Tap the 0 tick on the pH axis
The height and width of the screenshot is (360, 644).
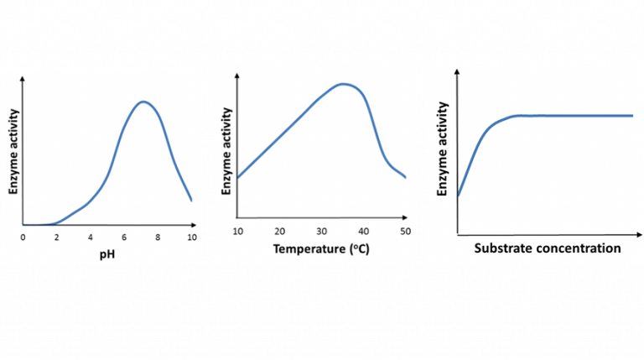pyautogui.click(x=23, y=237)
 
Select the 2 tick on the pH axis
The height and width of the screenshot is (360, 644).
pyautogui.click(x=57, y=237)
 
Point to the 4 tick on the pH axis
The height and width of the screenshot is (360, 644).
pyautogui.click(x=91, y=237)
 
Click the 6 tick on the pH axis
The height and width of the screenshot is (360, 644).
pyautogui.click(x=124, y=237)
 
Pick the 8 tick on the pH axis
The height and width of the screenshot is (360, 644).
pyautogui.click(x=158, y=237)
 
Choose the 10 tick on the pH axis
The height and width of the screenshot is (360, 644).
pyautogui.click(x=191, y=237)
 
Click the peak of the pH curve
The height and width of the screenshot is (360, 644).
pyautogui.click(x=143, y=102)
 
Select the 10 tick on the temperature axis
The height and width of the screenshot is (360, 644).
pyautogui.click(x=237, y=231)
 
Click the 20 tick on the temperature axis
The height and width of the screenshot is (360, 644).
pyautogui.click(x=279, y=231)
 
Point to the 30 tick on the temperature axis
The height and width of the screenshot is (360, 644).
pyautogui.click(x=321, y=231)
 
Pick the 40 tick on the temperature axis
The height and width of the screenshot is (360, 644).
pyautogui.click(x=363, y=231)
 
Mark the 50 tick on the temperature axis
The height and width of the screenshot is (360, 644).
pyautogui.click(x=405, y=231)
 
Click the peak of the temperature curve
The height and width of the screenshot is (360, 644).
pyautogui.click(x=342, y=83)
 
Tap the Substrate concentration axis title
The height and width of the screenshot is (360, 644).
pyautogui.click(x=548, y=248)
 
